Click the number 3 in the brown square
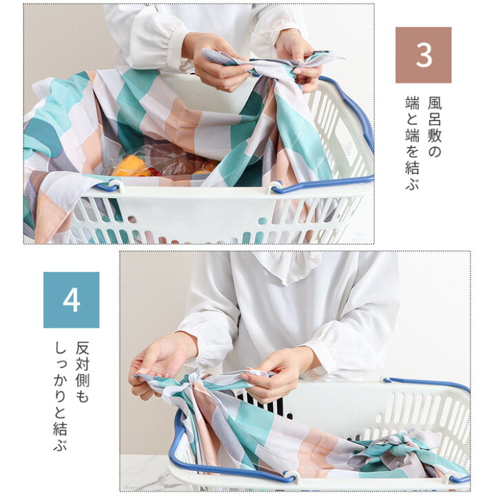[424, 55]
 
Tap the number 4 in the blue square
[71, 299]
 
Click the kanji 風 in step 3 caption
[435, 103]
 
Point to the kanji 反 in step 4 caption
[82, 348]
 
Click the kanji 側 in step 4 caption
[82, 380]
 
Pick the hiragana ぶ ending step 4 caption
[60, 443]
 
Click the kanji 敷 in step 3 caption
[435, 135]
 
